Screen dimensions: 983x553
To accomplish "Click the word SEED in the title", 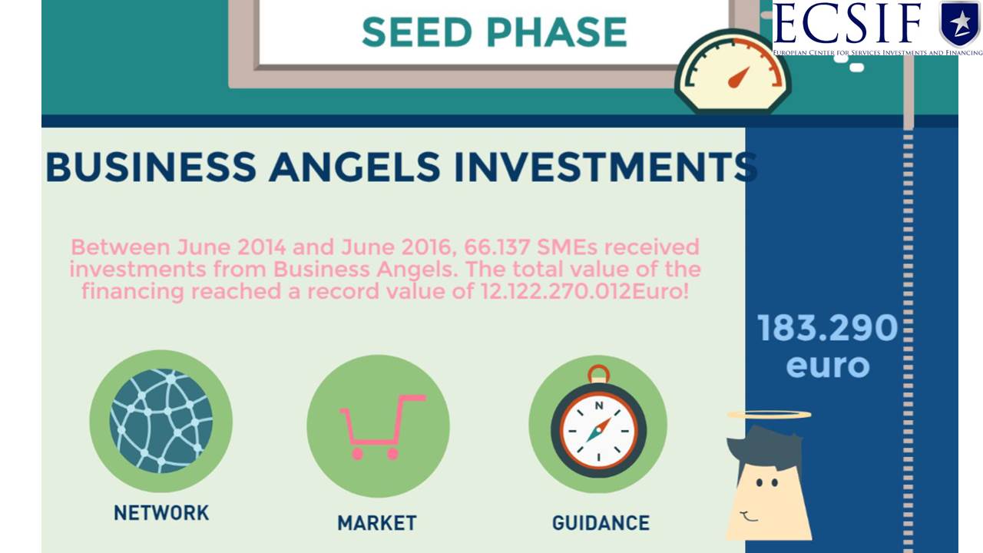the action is [x=417, y=32].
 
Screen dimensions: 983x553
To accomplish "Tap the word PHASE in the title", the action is [x=557, y=32].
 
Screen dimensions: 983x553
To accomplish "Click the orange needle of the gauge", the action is [x=739, y=78].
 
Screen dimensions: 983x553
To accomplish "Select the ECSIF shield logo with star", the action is [x=960, y=23].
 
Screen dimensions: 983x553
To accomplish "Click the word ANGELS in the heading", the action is [x=355, y=167].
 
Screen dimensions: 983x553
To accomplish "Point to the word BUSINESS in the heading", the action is [x=151, y=167].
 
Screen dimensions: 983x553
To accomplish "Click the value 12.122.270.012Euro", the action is [x=585, y=291].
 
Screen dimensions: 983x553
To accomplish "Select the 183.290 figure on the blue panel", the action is [x=828, y=327].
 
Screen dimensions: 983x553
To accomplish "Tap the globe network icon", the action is [x=161, y=420].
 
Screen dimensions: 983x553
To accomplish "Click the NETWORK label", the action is [x=161, y=513].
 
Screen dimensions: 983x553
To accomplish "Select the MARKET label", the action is [x=377, y=523].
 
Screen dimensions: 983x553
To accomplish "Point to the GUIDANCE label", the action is [x=601, y=523].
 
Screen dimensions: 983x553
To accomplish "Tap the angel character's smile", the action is [x=748, y=517].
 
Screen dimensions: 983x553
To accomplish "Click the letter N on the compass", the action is [x=599, y=406].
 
